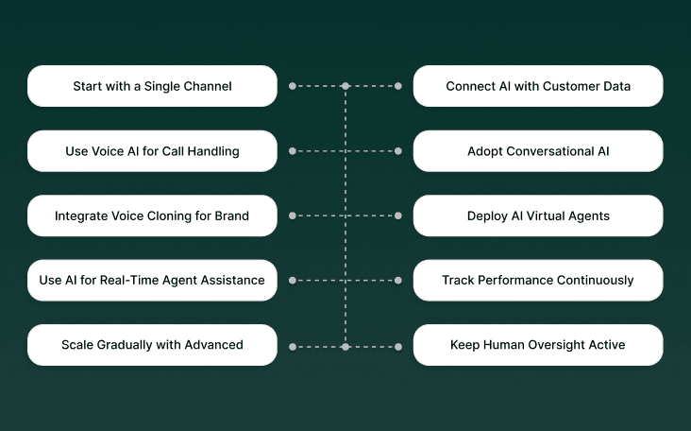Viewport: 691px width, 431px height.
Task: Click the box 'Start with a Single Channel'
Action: [152, 86]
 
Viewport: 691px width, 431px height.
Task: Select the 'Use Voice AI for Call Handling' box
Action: [152, 151]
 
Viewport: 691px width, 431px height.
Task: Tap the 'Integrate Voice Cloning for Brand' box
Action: [152, 215]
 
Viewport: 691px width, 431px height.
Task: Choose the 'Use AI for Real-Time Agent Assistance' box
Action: [152, 281]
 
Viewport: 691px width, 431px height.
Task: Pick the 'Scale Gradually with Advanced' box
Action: [152, 345]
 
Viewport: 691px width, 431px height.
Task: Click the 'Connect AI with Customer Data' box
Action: [538, 86]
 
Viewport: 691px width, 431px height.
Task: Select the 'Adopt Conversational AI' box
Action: [538, 151]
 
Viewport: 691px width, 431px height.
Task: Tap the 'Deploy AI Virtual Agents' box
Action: [538, 215]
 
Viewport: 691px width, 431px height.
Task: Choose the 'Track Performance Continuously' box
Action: [538, 281]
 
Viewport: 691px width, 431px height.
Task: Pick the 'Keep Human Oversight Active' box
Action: [538, 345]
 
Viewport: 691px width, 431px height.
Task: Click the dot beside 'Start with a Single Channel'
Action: [293, 86]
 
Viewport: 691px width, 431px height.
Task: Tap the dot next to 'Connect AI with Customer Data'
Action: [398, 86]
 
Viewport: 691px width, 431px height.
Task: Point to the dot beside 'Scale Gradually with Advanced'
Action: [293, 347]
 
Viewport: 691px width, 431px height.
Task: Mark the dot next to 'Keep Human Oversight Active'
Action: [398, 347]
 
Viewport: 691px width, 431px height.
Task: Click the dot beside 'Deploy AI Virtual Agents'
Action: [398, 215]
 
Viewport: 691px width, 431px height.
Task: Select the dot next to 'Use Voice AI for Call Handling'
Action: [293, 151]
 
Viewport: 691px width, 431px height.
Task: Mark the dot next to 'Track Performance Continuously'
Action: [398, 281]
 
